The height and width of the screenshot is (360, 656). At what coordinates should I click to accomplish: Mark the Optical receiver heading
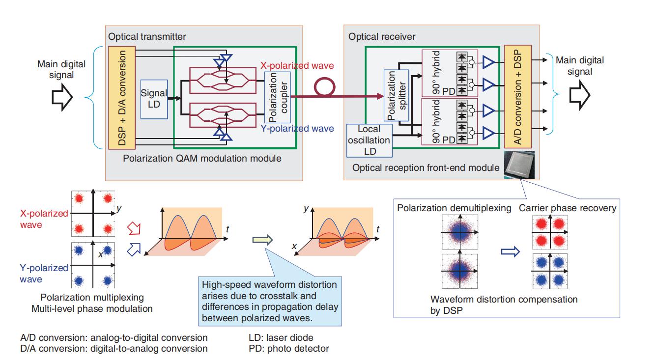(x=382, y=37)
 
